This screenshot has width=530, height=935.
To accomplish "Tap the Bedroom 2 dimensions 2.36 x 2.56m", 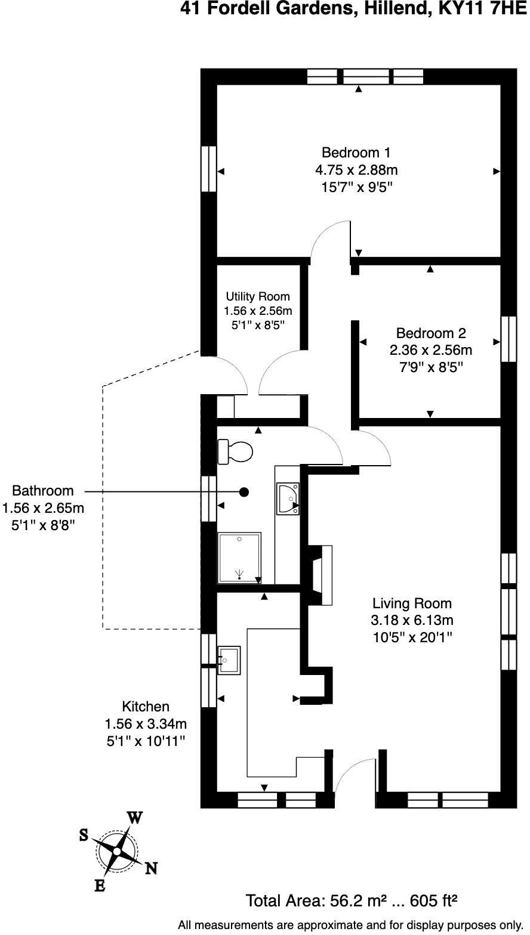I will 431,349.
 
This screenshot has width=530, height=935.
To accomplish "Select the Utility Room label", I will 257,296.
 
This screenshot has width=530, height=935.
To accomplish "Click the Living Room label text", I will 412,603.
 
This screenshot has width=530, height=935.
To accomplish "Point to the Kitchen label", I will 146,707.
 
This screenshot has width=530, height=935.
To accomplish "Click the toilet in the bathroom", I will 236,451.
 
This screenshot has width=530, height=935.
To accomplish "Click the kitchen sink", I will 230,660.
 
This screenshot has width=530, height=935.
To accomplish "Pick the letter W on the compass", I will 135,818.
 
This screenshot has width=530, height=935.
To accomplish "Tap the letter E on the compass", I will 100,886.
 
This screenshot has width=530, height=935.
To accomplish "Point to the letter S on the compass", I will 84,835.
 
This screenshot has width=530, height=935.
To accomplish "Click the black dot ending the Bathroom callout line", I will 244,492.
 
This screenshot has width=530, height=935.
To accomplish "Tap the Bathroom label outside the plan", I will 43,491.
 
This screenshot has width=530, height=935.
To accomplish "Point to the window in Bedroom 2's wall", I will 508,339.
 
